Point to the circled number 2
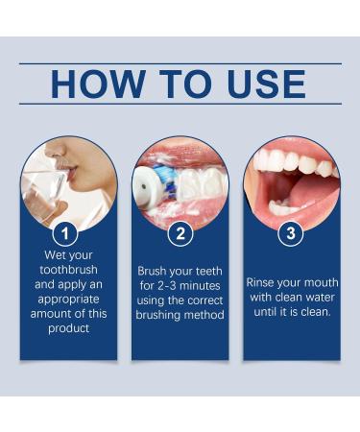(x=180, y=233)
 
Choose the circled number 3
(x=291, y=233)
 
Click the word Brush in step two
(x=155, y=272)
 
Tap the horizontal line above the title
(x=180, y=63)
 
